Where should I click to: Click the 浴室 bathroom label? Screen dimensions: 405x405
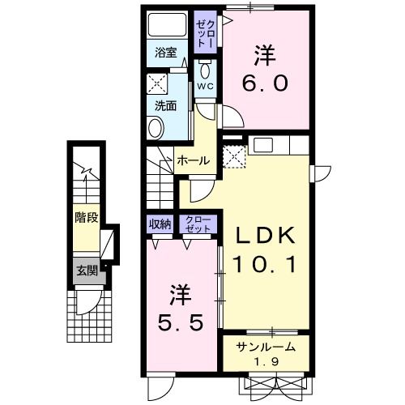[x=166, y=53]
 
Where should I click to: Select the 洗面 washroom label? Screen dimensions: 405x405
[x=166, y=104]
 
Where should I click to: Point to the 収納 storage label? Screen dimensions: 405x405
[x=160, y=224]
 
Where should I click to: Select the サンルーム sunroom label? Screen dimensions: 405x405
[x=265, y=347]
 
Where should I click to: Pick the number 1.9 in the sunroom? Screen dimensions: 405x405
[x=265, y=360]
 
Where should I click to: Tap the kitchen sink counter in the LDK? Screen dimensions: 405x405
[x=279, y=147]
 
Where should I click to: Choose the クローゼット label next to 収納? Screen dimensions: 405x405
[x=198, y=224]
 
